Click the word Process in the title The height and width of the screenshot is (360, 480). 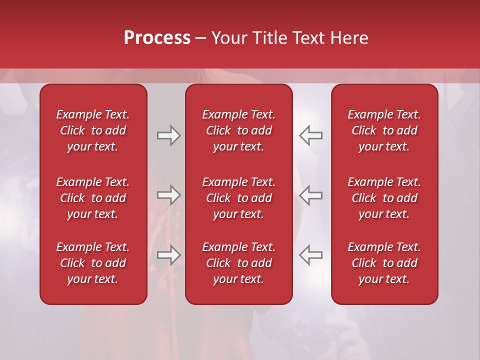coord(157,38)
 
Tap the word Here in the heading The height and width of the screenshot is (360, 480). coord(349,38)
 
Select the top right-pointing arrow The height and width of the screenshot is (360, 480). coord(168,135)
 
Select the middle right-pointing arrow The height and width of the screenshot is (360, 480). coord(168,195)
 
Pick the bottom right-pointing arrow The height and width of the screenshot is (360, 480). coord(168,254)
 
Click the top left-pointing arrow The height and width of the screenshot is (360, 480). coord(310,135)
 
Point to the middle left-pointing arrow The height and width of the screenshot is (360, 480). coord(310,195)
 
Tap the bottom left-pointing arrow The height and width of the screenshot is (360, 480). coord(310,254)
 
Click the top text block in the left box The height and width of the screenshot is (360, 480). coord(93,130)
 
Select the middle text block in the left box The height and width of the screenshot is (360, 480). coord(93,198)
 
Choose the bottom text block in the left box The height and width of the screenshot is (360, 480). coord(93,263)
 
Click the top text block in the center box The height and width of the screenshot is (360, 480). coord(238,130)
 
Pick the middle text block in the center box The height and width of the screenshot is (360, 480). coord(238,198)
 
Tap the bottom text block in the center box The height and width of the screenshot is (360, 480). coord(238,263)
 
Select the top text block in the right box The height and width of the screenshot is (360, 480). coord(384,130)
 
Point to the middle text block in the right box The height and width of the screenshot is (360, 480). coord(384,198)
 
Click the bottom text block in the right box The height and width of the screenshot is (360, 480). coord(384,263)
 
